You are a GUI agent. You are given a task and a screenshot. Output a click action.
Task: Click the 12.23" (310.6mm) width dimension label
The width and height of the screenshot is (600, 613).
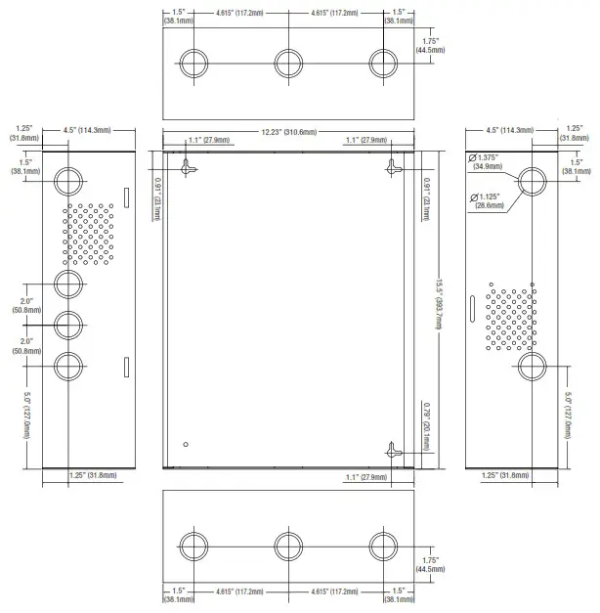point(289,132)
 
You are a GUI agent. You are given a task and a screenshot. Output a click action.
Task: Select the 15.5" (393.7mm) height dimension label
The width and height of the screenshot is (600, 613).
point(440,304)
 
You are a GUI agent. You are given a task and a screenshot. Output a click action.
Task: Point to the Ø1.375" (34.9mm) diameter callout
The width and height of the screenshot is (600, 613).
point(487,162)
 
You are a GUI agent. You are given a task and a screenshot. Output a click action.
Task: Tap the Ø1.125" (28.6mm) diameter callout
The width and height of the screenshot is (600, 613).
point(488,201)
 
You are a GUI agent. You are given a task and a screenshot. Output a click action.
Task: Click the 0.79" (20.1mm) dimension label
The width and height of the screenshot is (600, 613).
point(427,426)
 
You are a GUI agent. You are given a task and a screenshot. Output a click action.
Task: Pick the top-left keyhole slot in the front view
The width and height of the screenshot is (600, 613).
point(188,167)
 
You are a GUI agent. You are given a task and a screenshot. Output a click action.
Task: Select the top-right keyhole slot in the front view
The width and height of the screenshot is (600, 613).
point(393,167)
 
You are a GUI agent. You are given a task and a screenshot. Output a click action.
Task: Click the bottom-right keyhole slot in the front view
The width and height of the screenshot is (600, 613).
point(393,451)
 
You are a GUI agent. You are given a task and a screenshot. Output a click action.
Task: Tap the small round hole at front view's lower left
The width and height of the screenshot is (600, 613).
point(186,444)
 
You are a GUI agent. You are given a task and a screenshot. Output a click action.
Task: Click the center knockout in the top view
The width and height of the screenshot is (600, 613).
point(288,64)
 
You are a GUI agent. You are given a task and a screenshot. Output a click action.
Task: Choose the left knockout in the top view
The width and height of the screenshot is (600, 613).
point(193,64)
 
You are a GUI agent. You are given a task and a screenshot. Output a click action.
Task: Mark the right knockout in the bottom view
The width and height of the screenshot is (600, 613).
point(383,547)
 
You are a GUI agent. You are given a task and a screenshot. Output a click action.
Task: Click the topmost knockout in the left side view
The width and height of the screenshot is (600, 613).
point(68,182)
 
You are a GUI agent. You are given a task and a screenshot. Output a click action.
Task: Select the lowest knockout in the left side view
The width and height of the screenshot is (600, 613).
point(68,367)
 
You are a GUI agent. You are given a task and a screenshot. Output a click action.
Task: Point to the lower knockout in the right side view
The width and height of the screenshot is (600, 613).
point(532,367)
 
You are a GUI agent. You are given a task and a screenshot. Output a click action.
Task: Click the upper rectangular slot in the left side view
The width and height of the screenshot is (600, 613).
point(127,197)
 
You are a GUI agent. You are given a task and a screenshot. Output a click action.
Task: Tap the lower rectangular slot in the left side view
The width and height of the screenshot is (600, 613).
point(127,367)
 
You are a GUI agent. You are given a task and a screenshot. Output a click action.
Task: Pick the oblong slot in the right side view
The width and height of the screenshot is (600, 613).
point(472,309)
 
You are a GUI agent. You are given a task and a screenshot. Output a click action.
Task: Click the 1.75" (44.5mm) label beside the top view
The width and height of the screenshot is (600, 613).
point(430,45)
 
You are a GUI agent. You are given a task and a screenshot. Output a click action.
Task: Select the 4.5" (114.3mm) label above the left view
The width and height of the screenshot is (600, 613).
point(87,130)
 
